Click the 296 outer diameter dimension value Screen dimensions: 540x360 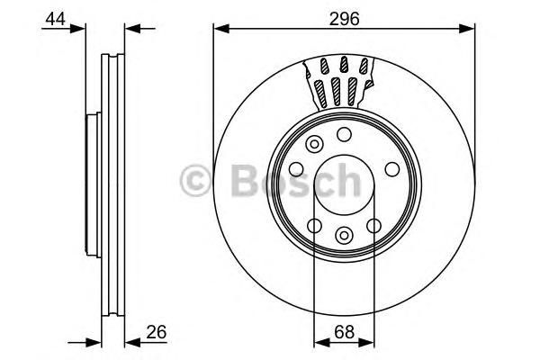pos(344,19)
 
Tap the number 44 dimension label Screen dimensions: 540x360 pos(56,18)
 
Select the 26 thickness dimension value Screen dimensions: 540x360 pos(157,332)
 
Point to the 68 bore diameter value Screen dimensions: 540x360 pos(344,332)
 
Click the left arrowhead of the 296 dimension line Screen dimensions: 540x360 pos(221,29)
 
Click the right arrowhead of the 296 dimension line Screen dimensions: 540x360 pos(467,29)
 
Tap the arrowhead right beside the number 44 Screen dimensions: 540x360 pos(77,29)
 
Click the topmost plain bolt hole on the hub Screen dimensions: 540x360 pos(344,134)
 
